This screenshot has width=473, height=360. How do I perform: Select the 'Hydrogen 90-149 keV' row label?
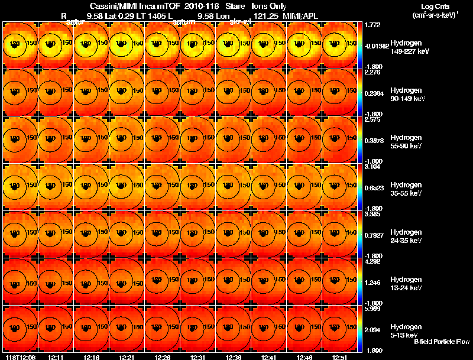tap(407, 95)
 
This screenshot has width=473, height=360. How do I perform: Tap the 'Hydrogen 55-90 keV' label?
tap(407, 141)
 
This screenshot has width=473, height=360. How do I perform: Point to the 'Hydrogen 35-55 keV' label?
tap(407, 189)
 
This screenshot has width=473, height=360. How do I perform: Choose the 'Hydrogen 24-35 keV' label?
tap(407, 236)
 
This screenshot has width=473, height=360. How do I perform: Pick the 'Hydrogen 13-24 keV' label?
tap(407, 284)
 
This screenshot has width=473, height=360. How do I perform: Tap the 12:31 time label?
tap(197, 357)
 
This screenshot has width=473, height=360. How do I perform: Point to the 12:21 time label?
tap(127, 357)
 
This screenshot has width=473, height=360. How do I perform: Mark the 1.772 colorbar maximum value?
tap(373, 25)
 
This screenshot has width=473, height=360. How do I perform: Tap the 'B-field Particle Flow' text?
tap(441, 342)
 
